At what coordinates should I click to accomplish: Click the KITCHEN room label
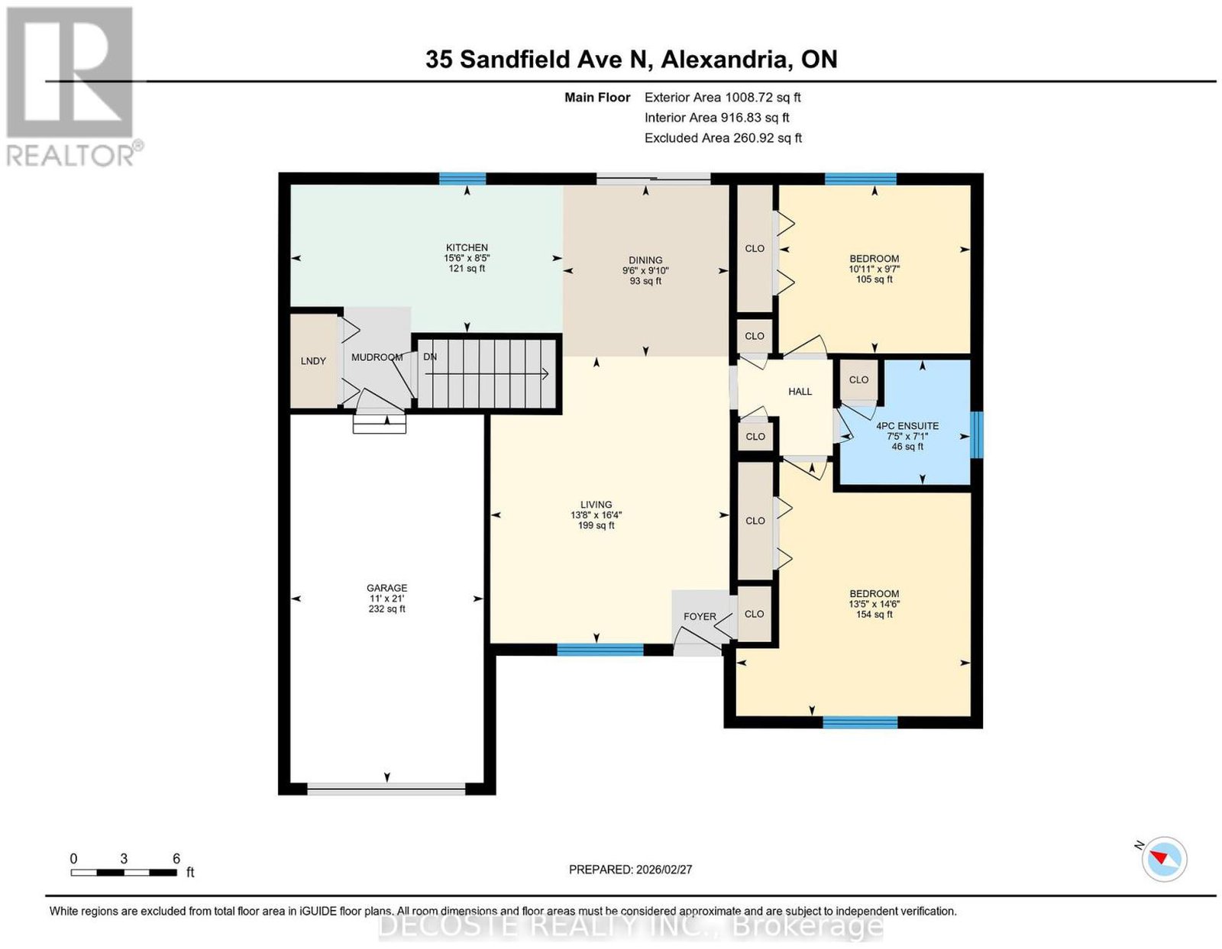(x=467, y=248)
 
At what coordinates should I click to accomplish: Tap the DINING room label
(x=645, y=260)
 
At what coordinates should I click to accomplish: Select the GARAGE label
(x=387, y=589)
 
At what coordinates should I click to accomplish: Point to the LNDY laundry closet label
(x=313, y=361)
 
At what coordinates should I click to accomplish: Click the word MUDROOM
(x=377, y=357)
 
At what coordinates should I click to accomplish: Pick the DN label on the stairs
(x=430, y=357)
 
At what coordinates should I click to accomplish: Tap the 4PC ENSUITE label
(x=907, y=426)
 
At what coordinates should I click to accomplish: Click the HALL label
(x=800, y=392)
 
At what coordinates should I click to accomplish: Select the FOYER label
(x=700, y=616)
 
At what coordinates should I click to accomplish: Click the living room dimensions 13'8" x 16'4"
(x=596, y=515)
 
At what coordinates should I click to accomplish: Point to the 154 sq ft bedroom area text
(x=874, y=615)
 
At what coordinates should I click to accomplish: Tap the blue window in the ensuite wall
(x=977, y=435)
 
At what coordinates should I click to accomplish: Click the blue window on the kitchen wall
(x=462, y=179)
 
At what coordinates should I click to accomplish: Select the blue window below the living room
(x=600, y=650)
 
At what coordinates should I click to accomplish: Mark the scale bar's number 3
(x=124, y=859)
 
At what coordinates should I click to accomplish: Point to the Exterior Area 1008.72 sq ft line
(x=723, y=98)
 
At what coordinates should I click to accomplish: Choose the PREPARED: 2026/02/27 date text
(x=630, y=869)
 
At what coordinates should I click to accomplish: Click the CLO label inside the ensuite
(x=858, y=380)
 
